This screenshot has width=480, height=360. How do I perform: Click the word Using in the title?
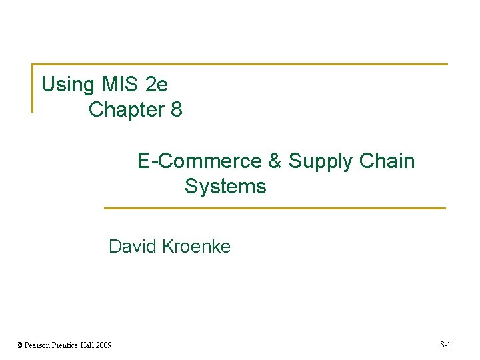(x=68, y=85)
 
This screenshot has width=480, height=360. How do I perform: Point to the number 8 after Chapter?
(x=177, y=109)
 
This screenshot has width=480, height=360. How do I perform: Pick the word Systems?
(x=225, y=187)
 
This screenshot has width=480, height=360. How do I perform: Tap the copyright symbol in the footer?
(x=19, y=345)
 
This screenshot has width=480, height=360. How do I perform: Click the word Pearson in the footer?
(x=39, y=345)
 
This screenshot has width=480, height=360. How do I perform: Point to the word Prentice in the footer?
(x=67, y=345)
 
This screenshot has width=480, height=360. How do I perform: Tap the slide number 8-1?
(x=446, y=345)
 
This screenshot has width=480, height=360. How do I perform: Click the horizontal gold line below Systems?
(x=275, y=208)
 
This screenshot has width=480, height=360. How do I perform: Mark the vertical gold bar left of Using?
(x=32, y=88)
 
